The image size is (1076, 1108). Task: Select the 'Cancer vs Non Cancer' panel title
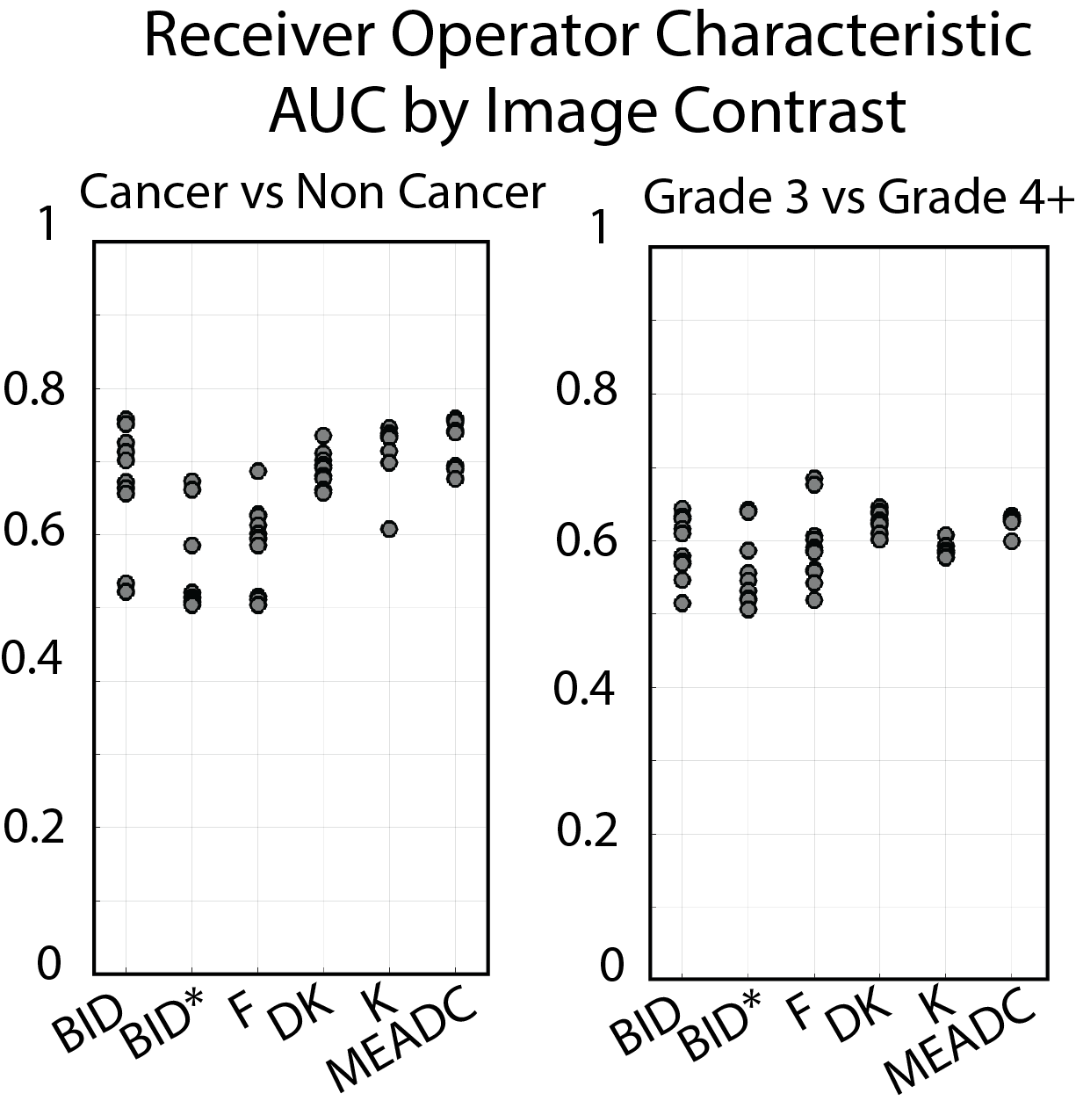[x=312, y=192]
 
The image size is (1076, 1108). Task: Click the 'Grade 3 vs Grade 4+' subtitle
[x=858, y=199]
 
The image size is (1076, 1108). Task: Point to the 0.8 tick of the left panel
[x=36, y=389]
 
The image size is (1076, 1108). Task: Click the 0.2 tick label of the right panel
[x=588, y=830]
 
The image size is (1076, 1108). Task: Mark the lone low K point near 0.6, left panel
[x=389, y=529]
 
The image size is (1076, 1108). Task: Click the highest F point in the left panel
[x=257, y=471]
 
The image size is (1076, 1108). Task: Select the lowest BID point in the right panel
[x=682, y=603]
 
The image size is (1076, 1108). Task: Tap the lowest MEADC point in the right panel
[x=1011, y=541]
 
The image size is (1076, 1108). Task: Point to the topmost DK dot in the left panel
[x=323, y=436]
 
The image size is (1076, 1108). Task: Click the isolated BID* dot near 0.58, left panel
[x=192, y=546]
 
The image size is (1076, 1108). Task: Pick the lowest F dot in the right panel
[x=814, y=600]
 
